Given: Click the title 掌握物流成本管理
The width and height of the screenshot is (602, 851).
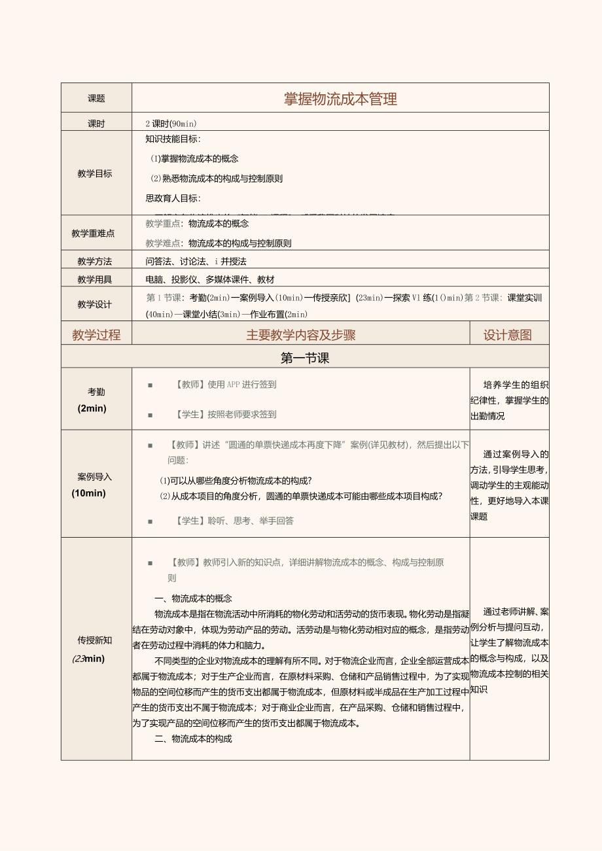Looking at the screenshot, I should (340, 99).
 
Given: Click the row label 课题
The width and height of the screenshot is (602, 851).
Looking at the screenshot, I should (96, 99).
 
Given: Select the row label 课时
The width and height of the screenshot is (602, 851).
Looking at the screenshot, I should (96, 124).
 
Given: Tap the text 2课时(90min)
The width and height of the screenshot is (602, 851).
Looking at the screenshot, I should (171, 124).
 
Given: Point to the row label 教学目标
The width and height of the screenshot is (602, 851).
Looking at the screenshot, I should (95, 173).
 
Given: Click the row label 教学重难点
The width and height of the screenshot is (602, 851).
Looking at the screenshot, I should (93, 233).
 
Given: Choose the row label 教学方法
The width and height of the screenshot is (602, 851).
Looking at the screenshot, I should (95, 261).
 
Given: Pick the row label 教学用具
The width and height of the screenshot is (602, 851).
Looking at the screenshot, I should (95, 279).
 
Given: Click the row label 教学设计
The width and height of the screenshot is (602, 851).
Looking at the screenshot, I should (95, 304).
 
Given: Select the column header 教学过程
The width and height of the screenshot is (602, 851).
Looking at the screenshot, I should (96, 335).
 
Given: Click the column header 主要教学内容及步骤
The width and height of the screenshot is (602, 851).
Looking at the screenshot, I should (300, 335).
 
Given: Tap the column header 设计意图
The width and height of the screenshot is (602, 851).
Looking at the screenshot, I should (508, 335).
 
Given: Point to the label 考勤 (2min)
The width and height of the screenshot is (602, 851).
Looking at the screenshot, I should (96, 400).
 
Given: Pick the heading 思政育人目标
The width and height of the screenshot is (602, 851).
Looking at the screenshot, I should (173, 198).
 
